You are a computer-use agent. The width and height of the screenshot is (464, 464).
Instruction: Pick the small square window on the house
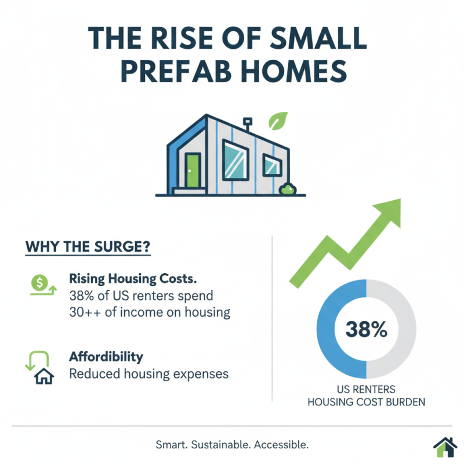tap(271, 165)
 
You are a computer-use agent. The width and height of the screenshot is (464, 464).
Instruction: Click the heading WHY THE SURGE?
tap(88, 245)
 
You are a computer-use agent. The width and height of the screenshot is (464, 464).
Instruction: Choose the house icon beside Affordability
tap(43, 376)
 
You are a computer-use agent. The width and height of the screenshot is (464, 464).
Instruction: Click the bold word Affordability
tap(106, 356)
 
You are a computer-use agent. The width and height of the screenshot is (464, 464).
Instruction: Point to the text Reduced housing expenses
tap(148, 374)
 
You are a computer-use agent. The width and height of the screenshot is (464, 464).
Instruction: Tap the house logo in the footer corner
tap(445, 447)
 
